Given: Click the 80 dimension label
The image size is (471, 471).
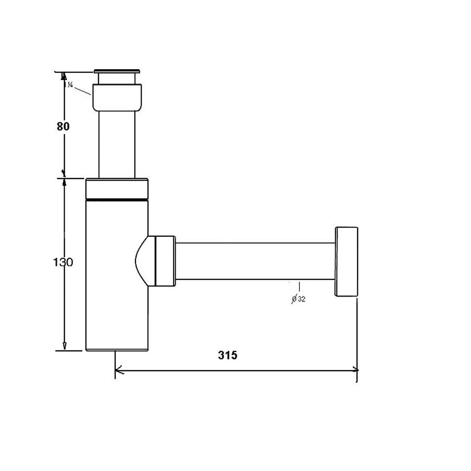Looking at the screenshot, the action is [63, 126].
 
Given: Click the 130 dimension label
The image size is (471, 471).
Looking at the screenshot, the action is [63, 262].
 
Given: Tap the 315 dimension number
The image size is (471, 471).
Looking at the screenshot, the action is [227, 355].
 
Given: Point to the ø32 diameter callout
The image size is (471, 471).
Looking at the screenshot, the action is [299, 299].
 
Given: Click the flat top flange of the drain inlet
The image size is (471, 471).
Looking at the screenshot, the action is [117, 71].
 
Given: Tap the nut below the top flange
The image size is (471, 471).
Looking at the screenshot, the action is [117, 97].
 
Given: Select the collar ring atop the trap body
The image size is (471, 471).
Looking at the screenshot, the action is [117, 189].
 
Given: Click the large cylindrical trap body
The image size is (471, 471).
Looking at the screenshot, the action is [117, 275].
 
